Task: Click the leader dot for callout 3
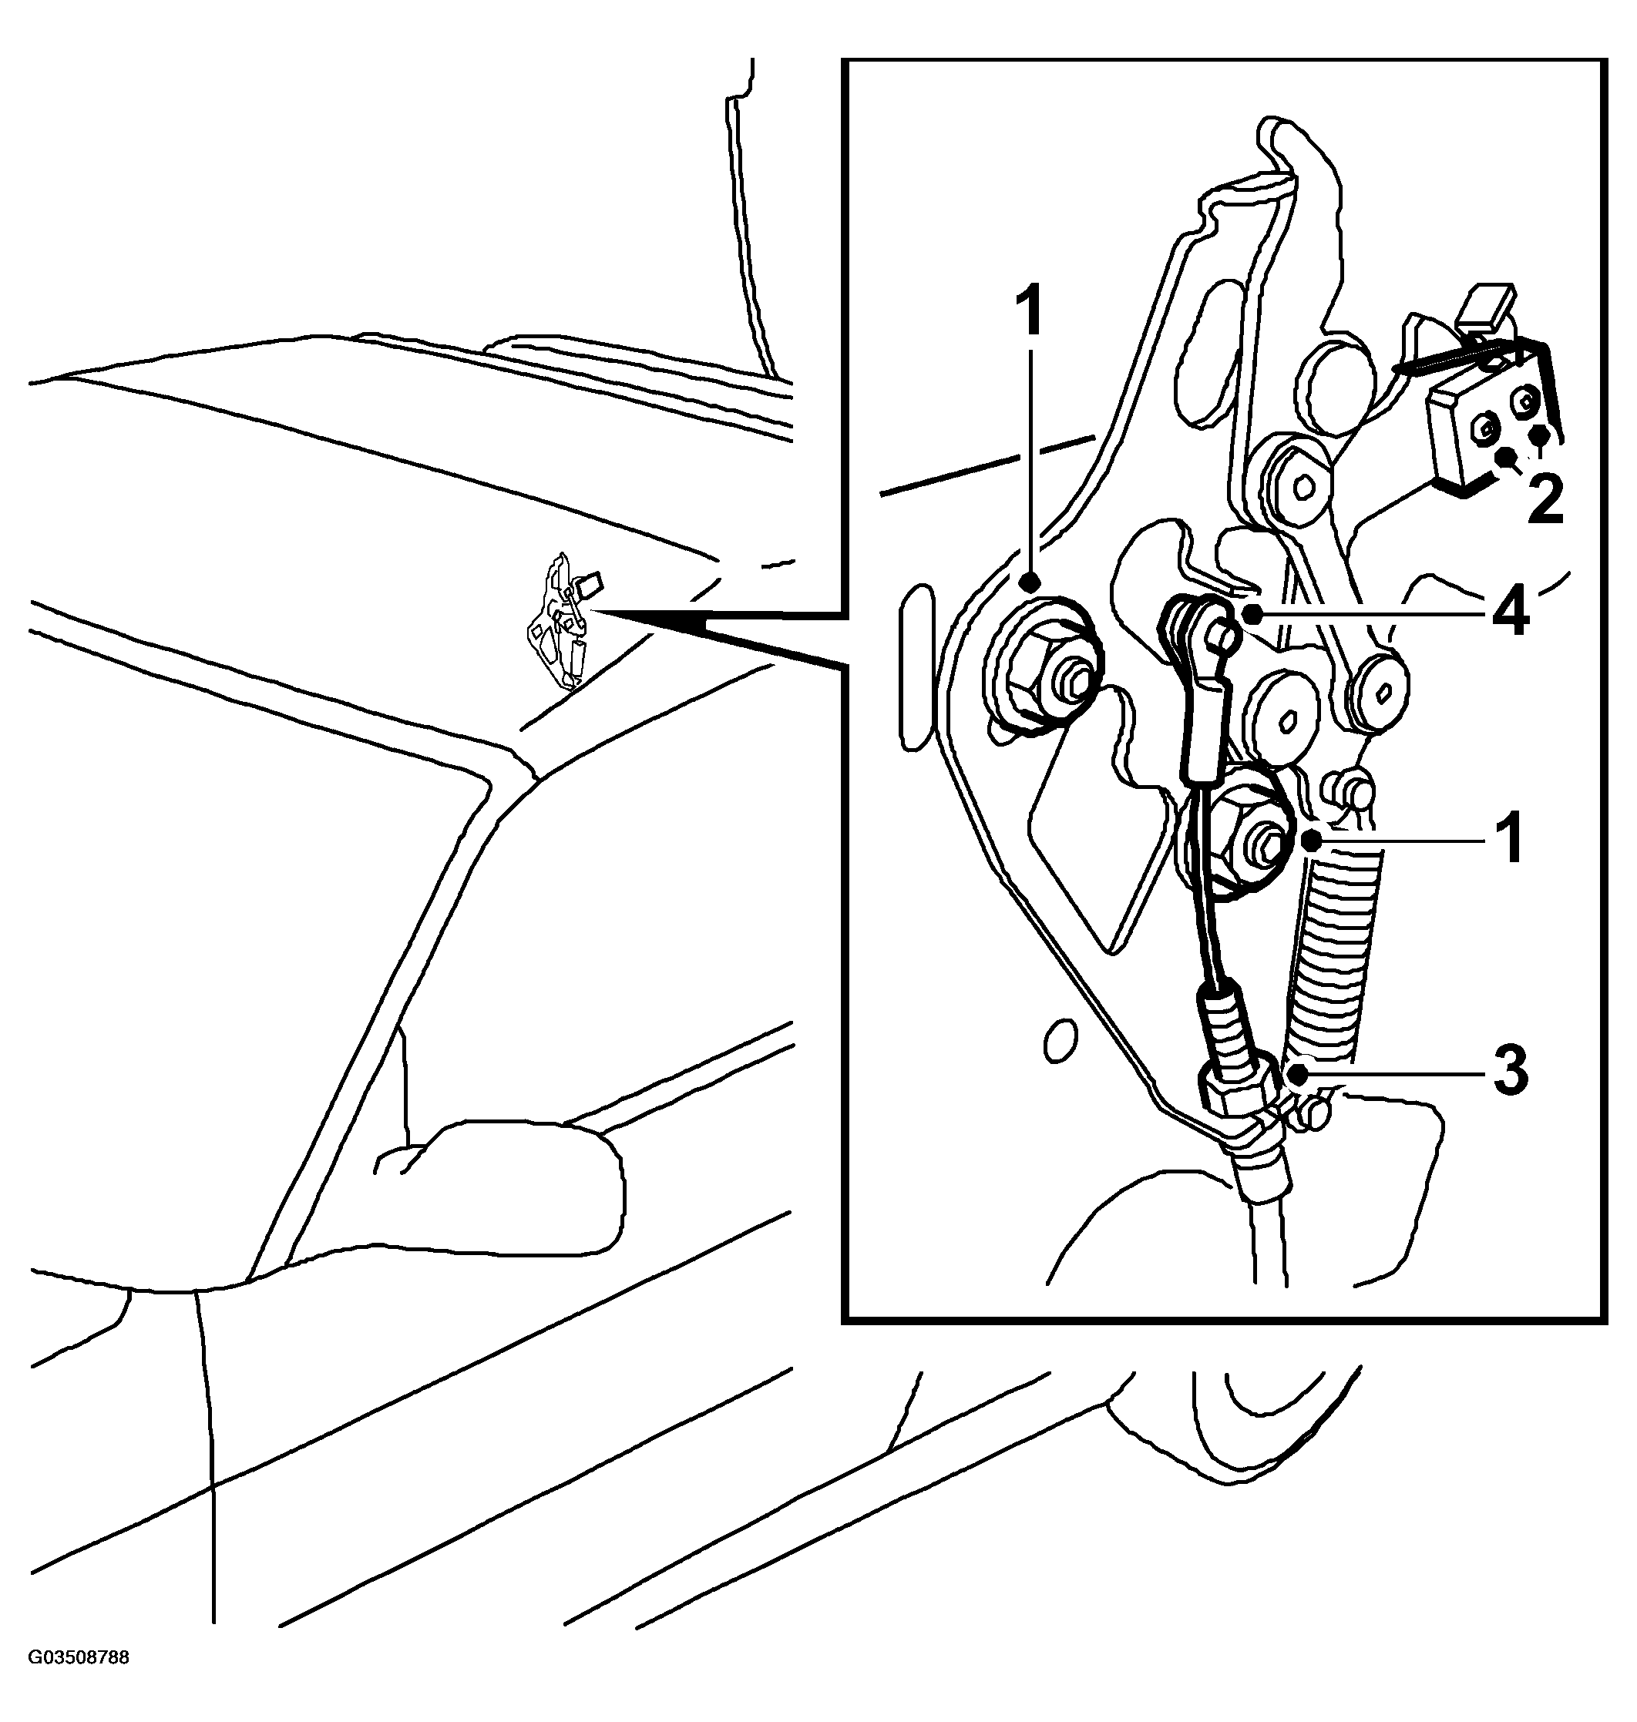(1299, 1074)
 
